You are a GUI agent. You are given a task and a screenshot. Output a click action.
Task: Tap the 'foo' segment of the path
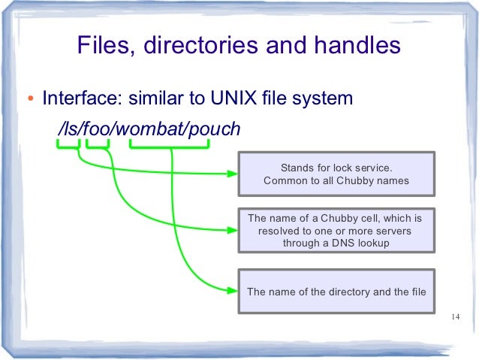pos(96,130)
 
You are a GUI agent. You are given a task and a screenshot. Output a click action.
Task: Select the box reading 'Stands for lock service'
pos(336,174)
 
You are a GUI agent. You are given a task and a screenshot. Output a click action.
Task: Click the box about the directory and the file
pos(336,291)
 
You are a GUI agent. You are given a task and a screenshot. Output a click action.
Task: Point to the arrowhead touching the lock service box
pos(232,174)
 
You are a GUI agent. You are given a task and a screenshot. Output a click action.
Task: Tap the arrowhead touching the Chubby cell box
pos(232,231)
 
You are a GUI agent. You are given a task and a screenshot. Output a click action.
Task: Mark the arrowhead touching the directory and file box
pos(232,291)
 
